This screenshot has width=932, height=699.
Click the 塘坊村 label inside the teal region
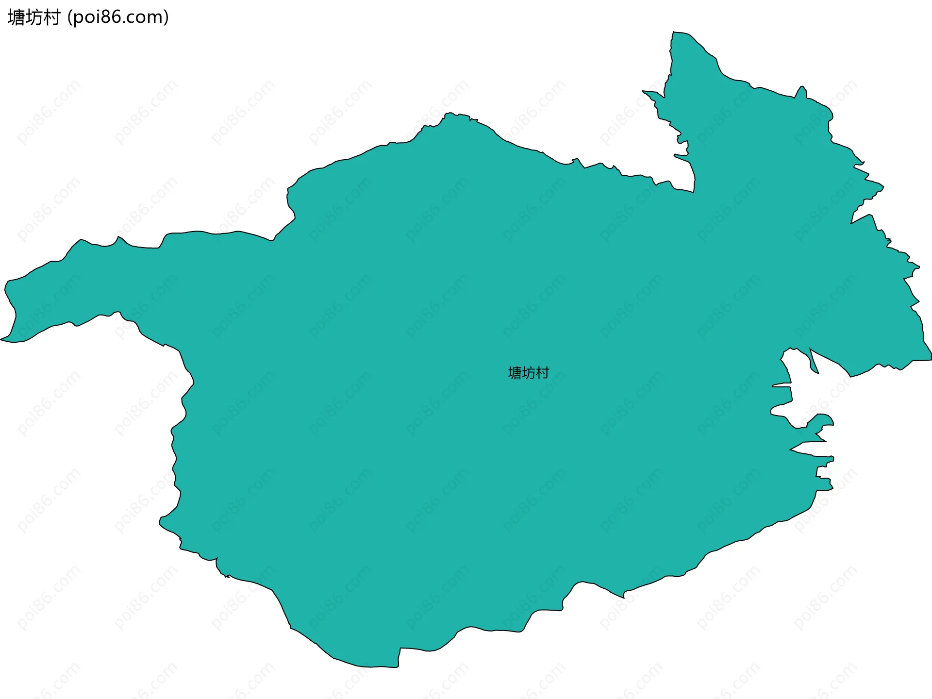pyautogui.click(x=528, y=373)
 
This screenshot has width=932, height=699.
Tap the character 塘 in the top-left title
pyautogui.click(x=16, y=17)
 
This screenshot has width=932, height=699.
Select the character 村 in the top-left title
pyautogui.click(x=51, y=17)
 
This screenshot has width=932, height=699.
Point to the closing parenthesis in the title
pyautogui.click(x=166, y=17)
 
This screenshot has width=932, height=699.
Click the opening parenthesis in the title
pyautogui.click(x=70, y=17)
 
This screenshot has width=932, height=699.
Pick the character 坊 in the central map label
pyautogui.click(x=528, y=373)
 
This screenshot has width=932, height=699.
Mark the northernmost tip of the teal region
pyautogui.click(x=674, y=33)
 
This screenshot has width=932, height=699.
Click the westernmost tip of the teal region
pyautogui.click(x=1, y=339)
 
